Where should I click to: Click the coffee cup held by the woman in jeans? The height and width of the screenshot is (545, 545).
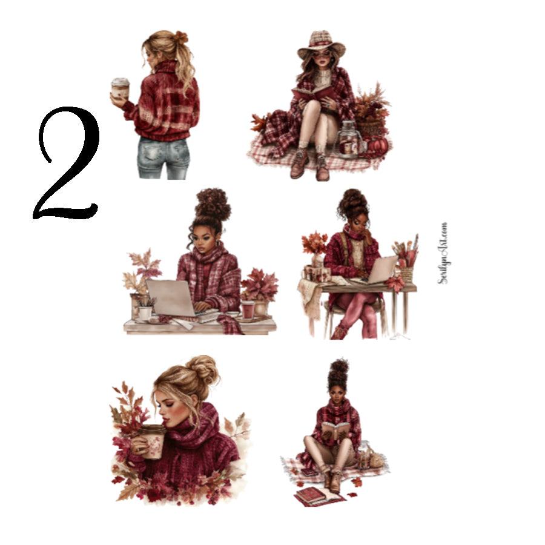pos(120,88)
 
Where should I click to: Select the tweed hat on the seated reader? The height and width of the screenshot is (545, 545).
pos(321,44)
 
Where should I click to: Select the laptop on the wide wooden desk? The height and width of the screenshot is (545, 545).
pos(171,297)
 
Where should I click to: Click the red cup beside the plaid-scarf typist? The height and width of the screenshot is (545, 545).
pos(248,309)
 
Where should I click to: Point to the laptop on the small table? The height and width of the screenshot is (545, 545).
pos(381,269)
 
